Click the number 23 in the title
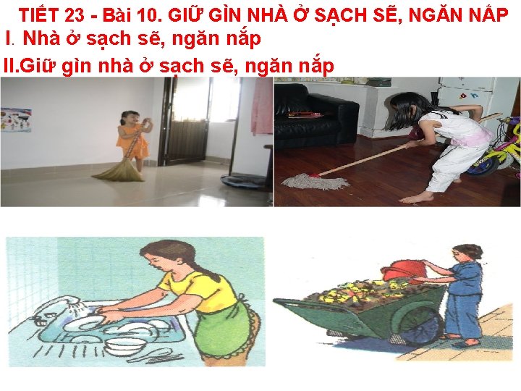click(x=75, y=15)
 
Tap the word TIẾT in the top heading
click(x=40, y=15)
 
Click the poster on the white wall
click(x=16, y=119)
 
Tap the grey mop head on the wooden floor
click(x=315, y=181)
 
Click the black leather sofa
click(x=315, y=117)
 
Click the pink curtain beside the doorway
click(x=262, y=106)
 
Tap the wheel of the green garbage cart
click(x=420, y=325)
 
